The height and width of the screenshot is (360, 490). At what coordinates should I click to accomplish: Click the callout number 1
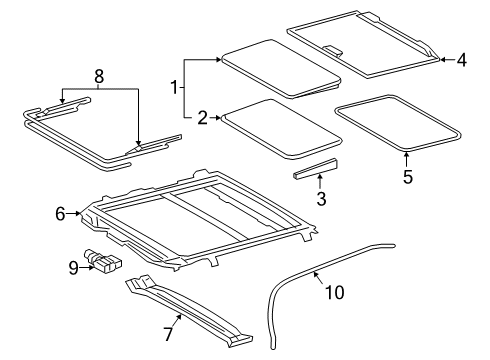(x=174, y=88)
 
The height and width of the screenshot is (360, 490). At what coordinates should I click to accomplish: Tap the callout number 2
(x=202, y=118)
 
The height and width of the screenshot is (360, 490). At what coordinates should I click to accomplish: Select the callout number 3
(x=321, y=199)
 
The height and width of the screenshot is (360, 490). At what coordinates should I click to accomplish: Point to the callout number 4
(x=462, y=60)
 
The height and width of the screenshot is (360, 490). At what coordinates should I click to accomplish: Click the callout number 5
(x=408, y=177)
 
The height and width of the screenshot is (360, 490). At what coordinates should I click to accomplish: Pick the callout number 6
(x=60, y=214)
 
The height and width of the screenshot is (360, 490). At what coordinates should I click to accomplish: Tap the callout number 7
(x=168, y=334)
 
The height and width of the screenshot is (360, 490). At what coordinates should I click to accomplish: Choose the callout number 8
(x=99, y=76)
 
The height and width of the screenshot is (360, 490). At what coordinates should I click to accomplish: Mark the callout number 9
(x=74, y=268)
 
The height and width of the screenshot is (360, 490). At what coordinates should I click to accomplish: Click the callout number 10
(x=334, y=292)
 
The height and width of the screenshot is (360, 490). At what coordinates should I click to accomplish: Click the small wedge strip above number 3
(x=315, y=169)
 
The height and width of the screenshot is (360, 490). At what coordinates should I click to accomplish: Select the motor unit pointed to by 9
(x=103, y=261)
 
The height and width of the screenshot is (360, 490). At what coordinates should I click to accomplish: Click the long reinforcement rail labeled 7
(x=189, y=310)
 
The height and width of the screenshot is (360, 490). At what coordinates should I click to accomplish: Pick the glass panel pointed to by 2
(x=282, y=128)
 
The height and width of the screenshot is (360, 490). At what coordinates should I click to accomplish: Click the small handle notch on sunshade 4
(x=333, y=50)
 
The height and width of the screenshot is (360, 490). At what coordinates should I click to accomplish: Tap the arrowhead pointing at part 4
(x=443, y=60)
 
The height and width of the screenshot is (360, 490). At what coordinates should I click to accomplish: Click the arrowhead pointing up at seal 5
(x=407, y=154)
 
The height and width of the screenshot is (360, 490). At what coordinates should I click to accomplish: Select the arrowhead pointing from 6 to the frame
(x=78, y=213)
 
